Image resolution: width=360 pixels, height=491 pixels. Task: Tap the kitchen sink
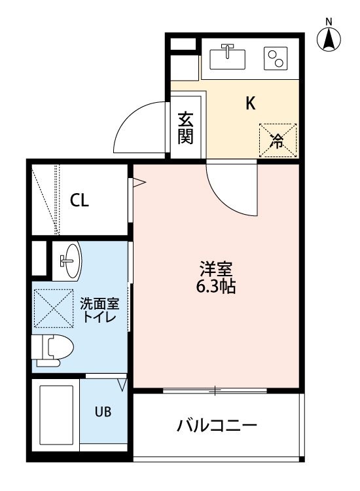[228, 57]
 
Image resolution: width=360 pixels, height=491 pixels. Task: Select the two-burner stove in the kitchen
[276, 58]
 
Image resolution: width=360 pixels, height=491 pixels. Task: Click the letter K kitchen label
[251, 103]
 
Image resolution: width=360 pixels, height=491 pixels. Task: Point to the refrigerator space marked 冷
[278, 140]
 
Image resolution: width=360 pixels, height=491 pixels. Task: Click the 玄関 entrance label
[186, 128]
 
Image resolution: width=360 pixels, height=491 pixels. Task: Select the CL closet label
[79, 200]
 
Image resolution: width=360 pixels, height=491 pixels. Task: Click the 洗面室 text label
[99, 303]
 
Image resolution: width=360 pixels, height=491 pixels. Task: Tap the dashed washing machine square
[54, 308]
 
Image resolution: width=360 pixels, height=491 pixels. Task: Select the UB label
[103, 412]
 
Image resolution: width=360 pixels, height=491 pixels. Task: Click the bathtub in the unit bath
[56, 415]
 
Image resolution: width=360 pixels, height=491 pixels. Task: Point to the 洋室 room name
[216, 268]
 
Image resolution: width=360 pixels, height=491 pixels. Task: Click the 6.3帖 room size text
[216, 286]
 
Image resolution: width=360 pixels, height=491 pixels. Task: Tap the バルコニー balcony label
[217, 426]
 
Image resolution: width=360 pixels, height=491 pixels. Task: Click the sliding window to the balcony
[215, 390]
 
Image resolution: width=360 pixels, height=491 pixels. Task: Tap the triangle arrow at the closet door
[139, 183]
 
